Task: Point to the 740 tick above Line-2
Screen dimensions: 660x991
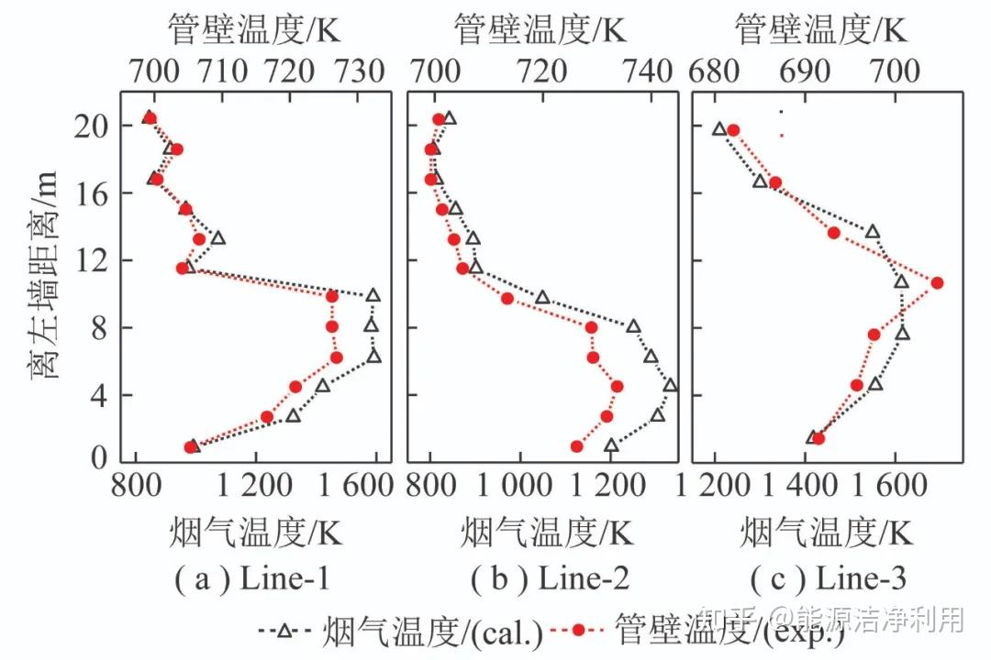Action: [649, 70]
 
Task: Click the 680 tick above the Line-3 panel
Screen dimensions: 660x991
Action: [715, 70]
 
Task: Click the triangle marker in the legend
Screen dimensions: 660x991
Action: [284, 630]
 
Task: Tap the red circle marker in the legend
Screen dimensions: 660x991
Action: [579, 630]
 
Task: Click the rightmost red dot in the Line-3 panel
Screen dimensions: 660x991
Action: [937, 283]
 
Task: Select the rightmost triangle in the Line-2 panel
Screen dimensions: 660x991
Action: [671, 386]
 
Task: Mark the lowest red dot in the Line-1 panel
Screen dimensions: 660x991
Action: [191, 447]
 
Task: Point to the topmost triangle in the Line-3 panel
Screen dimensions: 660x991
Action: [719, 128]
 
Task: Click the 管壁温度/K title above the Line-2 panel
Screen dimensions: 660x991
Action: [540, 31]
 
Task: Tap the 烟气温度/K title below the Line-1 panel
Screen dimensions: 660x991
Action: [255, 532]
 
